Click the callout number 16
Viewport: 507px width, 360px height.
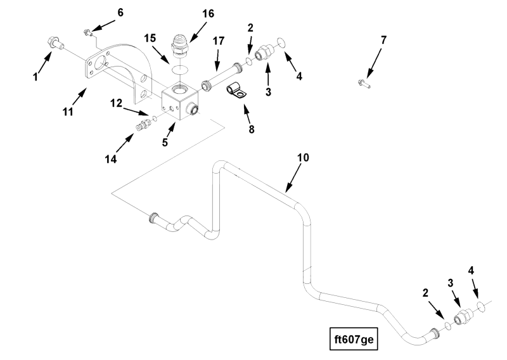pyautogui.click(x=209, y=14)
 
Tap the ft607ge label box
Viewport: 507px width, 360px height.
pyautogui.click(x=354, y=339)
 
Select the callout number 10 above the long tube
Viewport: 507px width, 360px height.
pyautogui.click(x=303, y=158)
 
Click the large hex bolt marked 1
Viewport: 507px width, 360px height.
pyautogui.click(x=55, y=43)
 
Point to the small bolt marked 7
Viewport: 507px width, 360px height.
pyautogui.click(x=364, y=84)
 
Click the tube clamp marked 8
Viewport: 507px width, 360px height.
pyautogui.click(x=236, y=91)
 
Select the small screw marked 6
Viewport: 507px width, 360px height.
pyautogui.click(x=87, y=32)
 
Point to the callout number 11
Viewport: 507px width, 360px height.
pyautogui.click(x=68, y=112)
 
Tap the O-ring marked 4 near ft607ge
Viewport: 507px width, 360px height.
pyautogui.click(x=482, y=307)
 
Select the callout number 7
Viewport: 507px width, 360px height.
pyautogui.click(x=383, y=41)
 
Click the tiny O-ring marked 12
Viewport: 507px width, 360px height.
pyautogui.click(x=155, y=119)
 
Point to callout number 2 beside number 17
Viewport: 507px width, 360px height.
pyautogui.click(x=250, y=28)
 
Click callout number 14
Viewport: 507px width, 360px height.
pyautogui.click(x=110, y=159)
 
